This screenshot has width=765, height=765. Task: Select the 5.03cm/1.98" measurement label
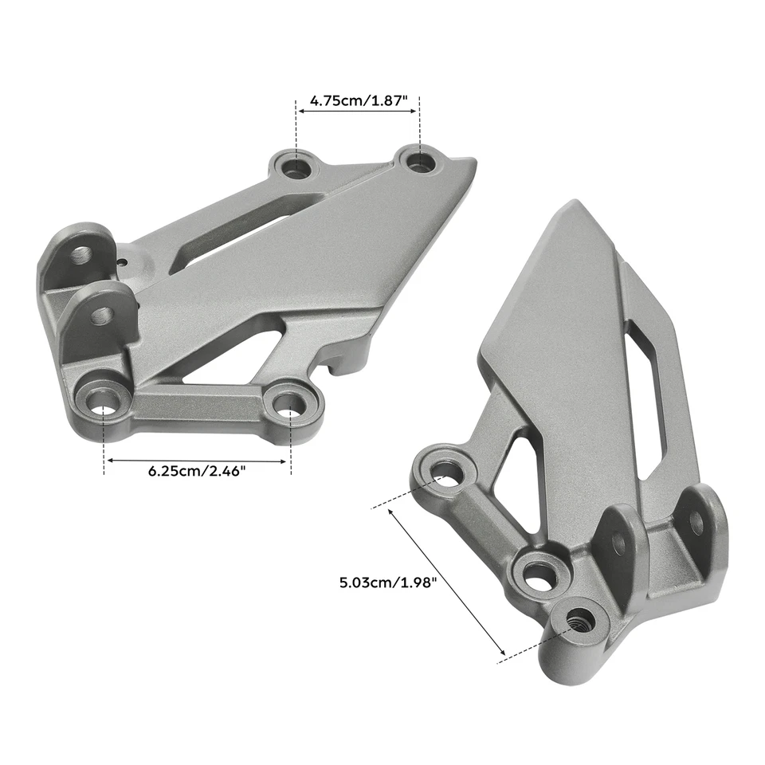[x=389, y=583]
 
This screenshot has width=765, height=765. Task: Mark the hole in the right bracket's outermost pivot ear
[x=696, y=522]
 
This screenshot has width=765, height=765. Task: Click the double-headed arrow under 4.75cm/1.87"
[x=358, y=113]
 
